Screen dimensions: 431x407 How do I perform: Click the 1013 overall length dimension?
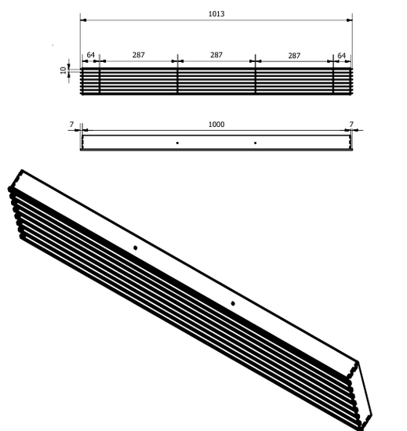tap(216, 13)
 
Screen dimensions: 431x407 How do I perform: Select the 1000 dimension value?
tap(216, 125)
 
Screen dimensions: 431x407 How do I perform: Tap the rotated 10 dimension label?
tap(64, 70)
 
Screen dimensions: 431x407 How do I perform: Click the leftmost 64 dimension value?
tap(91, 56)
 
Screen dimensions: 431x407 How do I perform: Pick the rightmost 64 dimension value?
tap(341, 56)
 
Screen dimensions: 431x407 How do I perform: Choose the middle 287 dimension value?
tap(216, 56)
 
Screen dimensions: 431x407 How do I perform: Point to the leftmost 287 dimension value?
tap(139, 56)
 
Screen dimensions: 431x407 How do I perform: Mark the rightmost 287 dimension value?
tap(294, 56)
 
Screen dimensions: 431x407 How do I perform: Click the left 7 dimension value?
tap(71, 125)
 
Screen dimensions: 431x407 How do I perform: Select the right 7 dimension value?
tap(351, 125)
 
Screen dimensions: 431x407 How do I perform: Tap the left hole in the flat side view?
tap(178, 143)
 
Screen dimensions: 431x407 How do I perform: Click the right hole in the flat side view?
tap(255, 143)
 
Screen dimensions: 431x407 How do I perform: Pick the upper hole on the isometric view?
tap(136, 248)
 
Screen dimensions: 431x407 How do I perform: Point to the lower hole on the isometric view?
tap(233, 302)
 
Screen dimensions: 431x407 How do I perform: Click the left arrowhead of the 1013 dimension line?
tap(83, 20)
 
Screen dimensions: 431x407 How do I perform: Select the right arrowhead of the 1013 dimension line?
tap(349, 20)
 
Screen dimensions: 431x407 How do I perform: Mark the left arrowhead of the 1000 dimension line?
tap(85, 131)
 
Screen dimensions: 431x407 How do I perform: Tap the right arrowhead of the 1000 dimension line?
tap(347, 131)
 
